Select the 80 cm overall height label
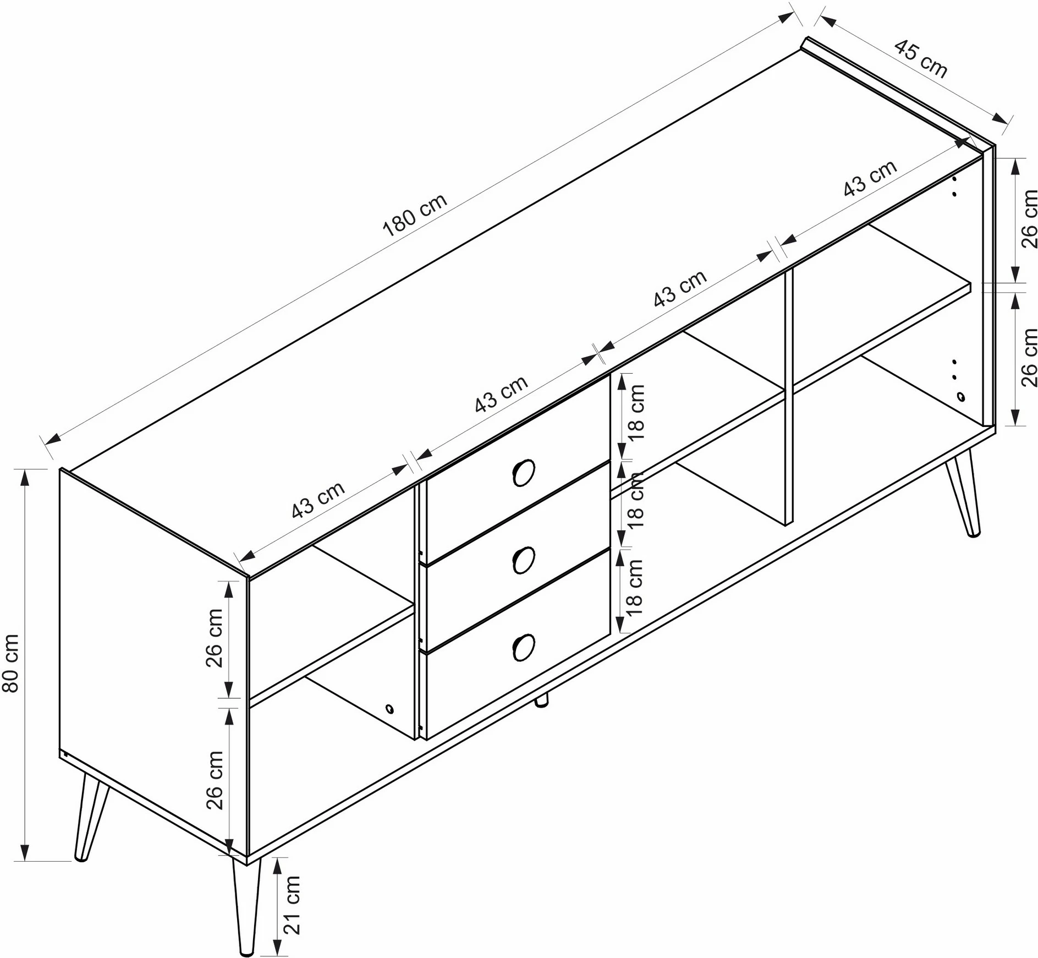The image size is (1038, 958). (11, 663)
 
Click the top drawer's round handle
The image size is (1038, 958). (523, 472)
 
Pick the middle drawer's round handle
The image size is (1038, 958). (523, 560)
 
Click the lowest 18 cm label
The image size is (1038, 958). (634, 587)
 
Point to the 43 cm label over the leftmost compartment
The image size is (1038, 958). (318, 500)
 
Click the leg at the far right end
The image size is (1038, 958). (962, 492)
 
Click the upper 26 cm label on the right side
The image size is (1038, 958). (1028, 218)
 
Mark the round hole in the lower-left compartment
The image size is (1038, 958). (389, 709)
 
